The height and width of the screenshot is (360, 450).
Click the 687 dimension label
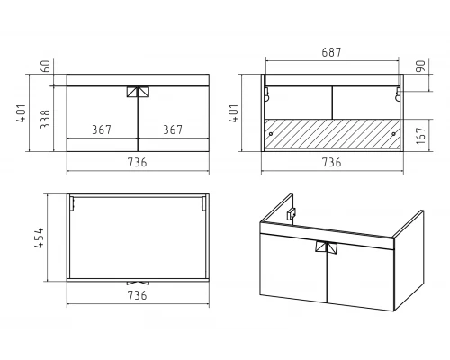point(331,52)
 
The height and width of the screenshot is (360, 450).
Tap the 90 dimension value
point(420,66)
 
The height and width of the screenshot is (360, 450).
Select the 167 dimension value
point(421,136)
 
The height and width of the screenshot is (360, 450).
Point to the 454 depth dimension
point(39,238)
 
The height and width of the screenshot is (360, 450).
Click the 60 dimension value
point(46,67)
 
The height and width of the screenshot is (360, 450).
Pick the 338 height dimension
point(45,119)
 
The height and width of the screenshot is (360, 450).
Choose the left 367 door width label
point(102,130)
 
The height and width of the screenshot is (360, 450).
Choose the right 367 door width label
point(173,130)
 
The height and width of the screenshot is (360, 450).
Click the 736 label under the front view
point(138,162)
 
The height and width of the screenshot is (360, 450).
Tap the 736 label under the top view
point(138,295)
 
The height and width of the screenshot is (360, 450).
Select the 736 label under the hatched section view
point(331,162)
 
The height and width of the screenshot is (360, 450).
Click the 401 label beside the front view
point(22,113)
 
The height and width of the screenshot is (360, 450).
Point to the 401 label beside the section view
point(233,113)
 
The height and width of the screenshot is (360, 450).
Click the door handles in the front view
point(138,92)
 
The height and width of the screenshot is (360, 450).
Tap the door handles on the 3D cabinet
point(327,247)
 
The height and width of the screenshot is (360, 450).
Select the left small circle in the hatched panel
point(271,134)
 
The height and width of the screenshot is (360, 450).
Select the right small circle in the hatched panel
point(394,134)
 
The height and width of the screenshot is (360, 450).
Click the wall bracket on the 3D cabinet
point(291,214)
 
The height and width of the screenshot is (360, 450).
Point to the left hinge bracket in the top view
point(72,203)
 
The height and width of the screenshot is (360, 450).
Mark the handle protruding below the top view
point(138,283)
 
